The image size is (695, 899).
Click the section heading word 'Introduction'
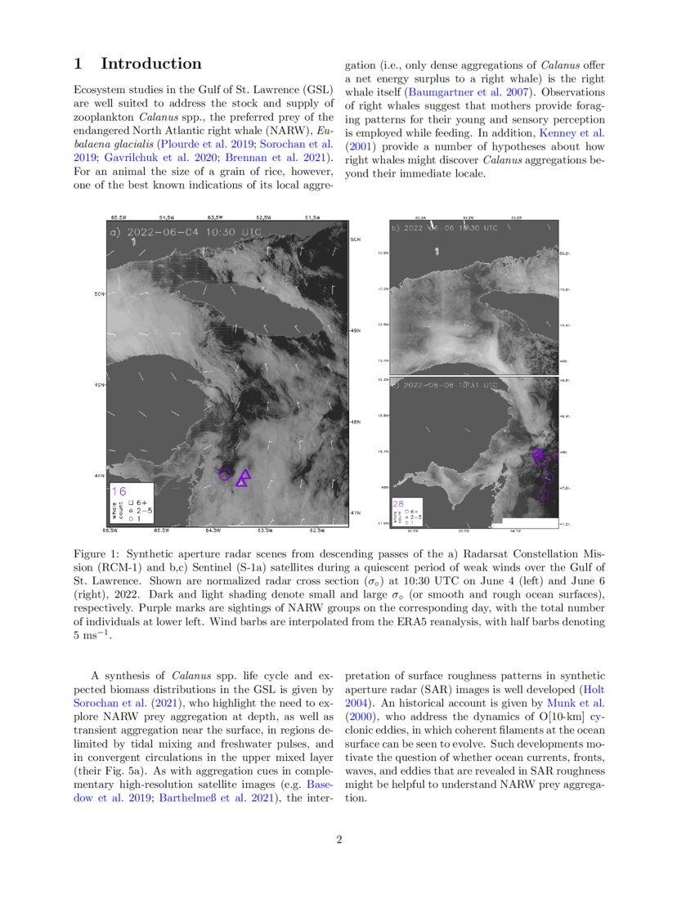tap(150, 64)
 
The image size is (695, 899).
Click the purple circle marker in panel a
tap(224, 474)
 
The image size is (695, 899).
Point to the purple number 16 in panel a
tap(119, 491)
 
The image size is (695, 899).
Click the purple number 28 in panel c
tap(398, 503)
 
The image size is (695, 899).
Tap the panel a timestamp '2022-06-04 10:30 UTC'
tap(193, 232)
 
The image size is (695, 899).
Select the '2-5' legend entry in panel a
tap(143, 510)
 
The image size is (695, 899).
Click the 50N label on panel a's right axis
tap(356, 239)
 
